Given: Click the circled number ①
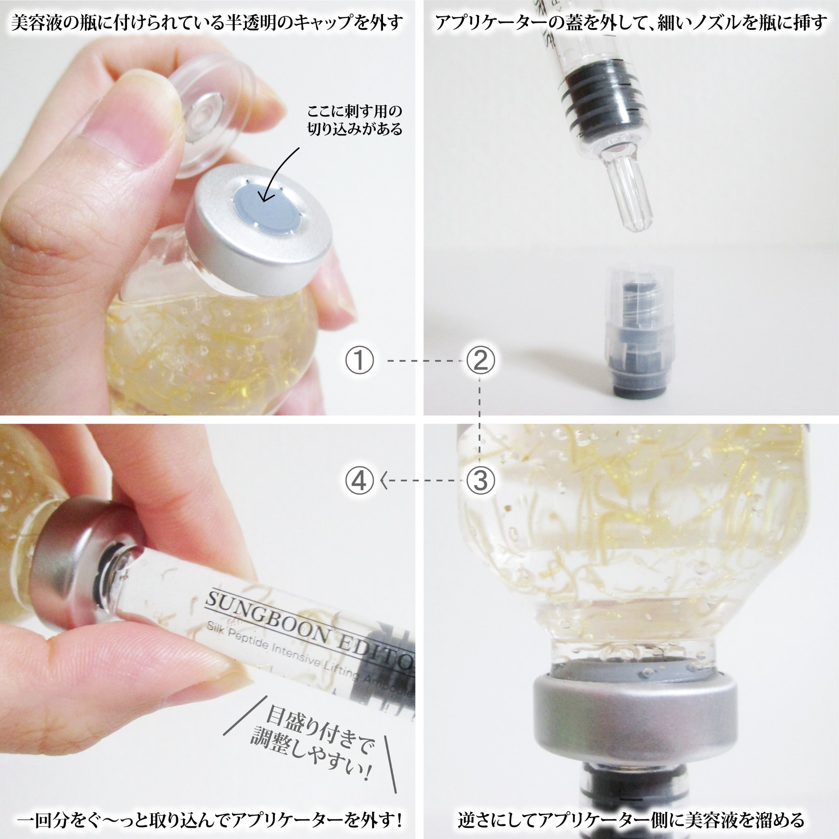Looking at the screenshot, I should pyautogui.click(x=359, y=361).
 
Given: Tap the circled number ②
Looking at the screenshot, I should pyautogui.click(x=480, y=361).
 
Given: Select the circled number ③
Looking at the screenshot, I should pyautogui.click(x=480, y=481).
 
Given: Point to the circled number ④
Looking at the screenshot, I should pyautogui.click(x=359, y=481).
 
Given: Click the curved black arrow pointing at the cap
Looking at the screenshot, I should pyautogui.click(x=278, y=174).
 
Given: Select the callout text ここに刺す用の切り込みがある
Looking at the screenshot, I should pyautogui.click(x=354, y=121).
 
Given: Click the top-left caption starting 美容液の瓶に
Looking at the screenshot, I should pyautogui.click(x=207, y=22).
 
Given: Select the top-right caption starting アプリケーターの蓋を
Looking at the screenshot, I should pyautogui.click(x=630, y=22).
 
